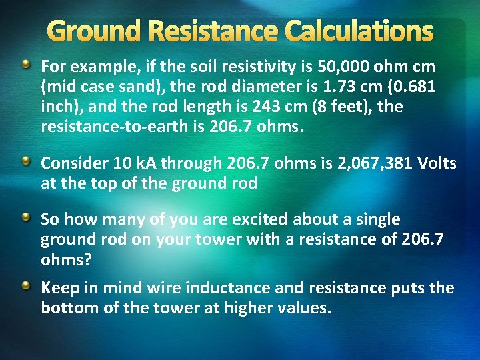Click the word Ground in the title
click(95, 31)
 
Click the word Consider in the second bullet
click(71, 163)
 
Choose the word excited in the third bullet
click(251, 219)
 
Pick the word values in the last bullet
click(303, 308)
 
